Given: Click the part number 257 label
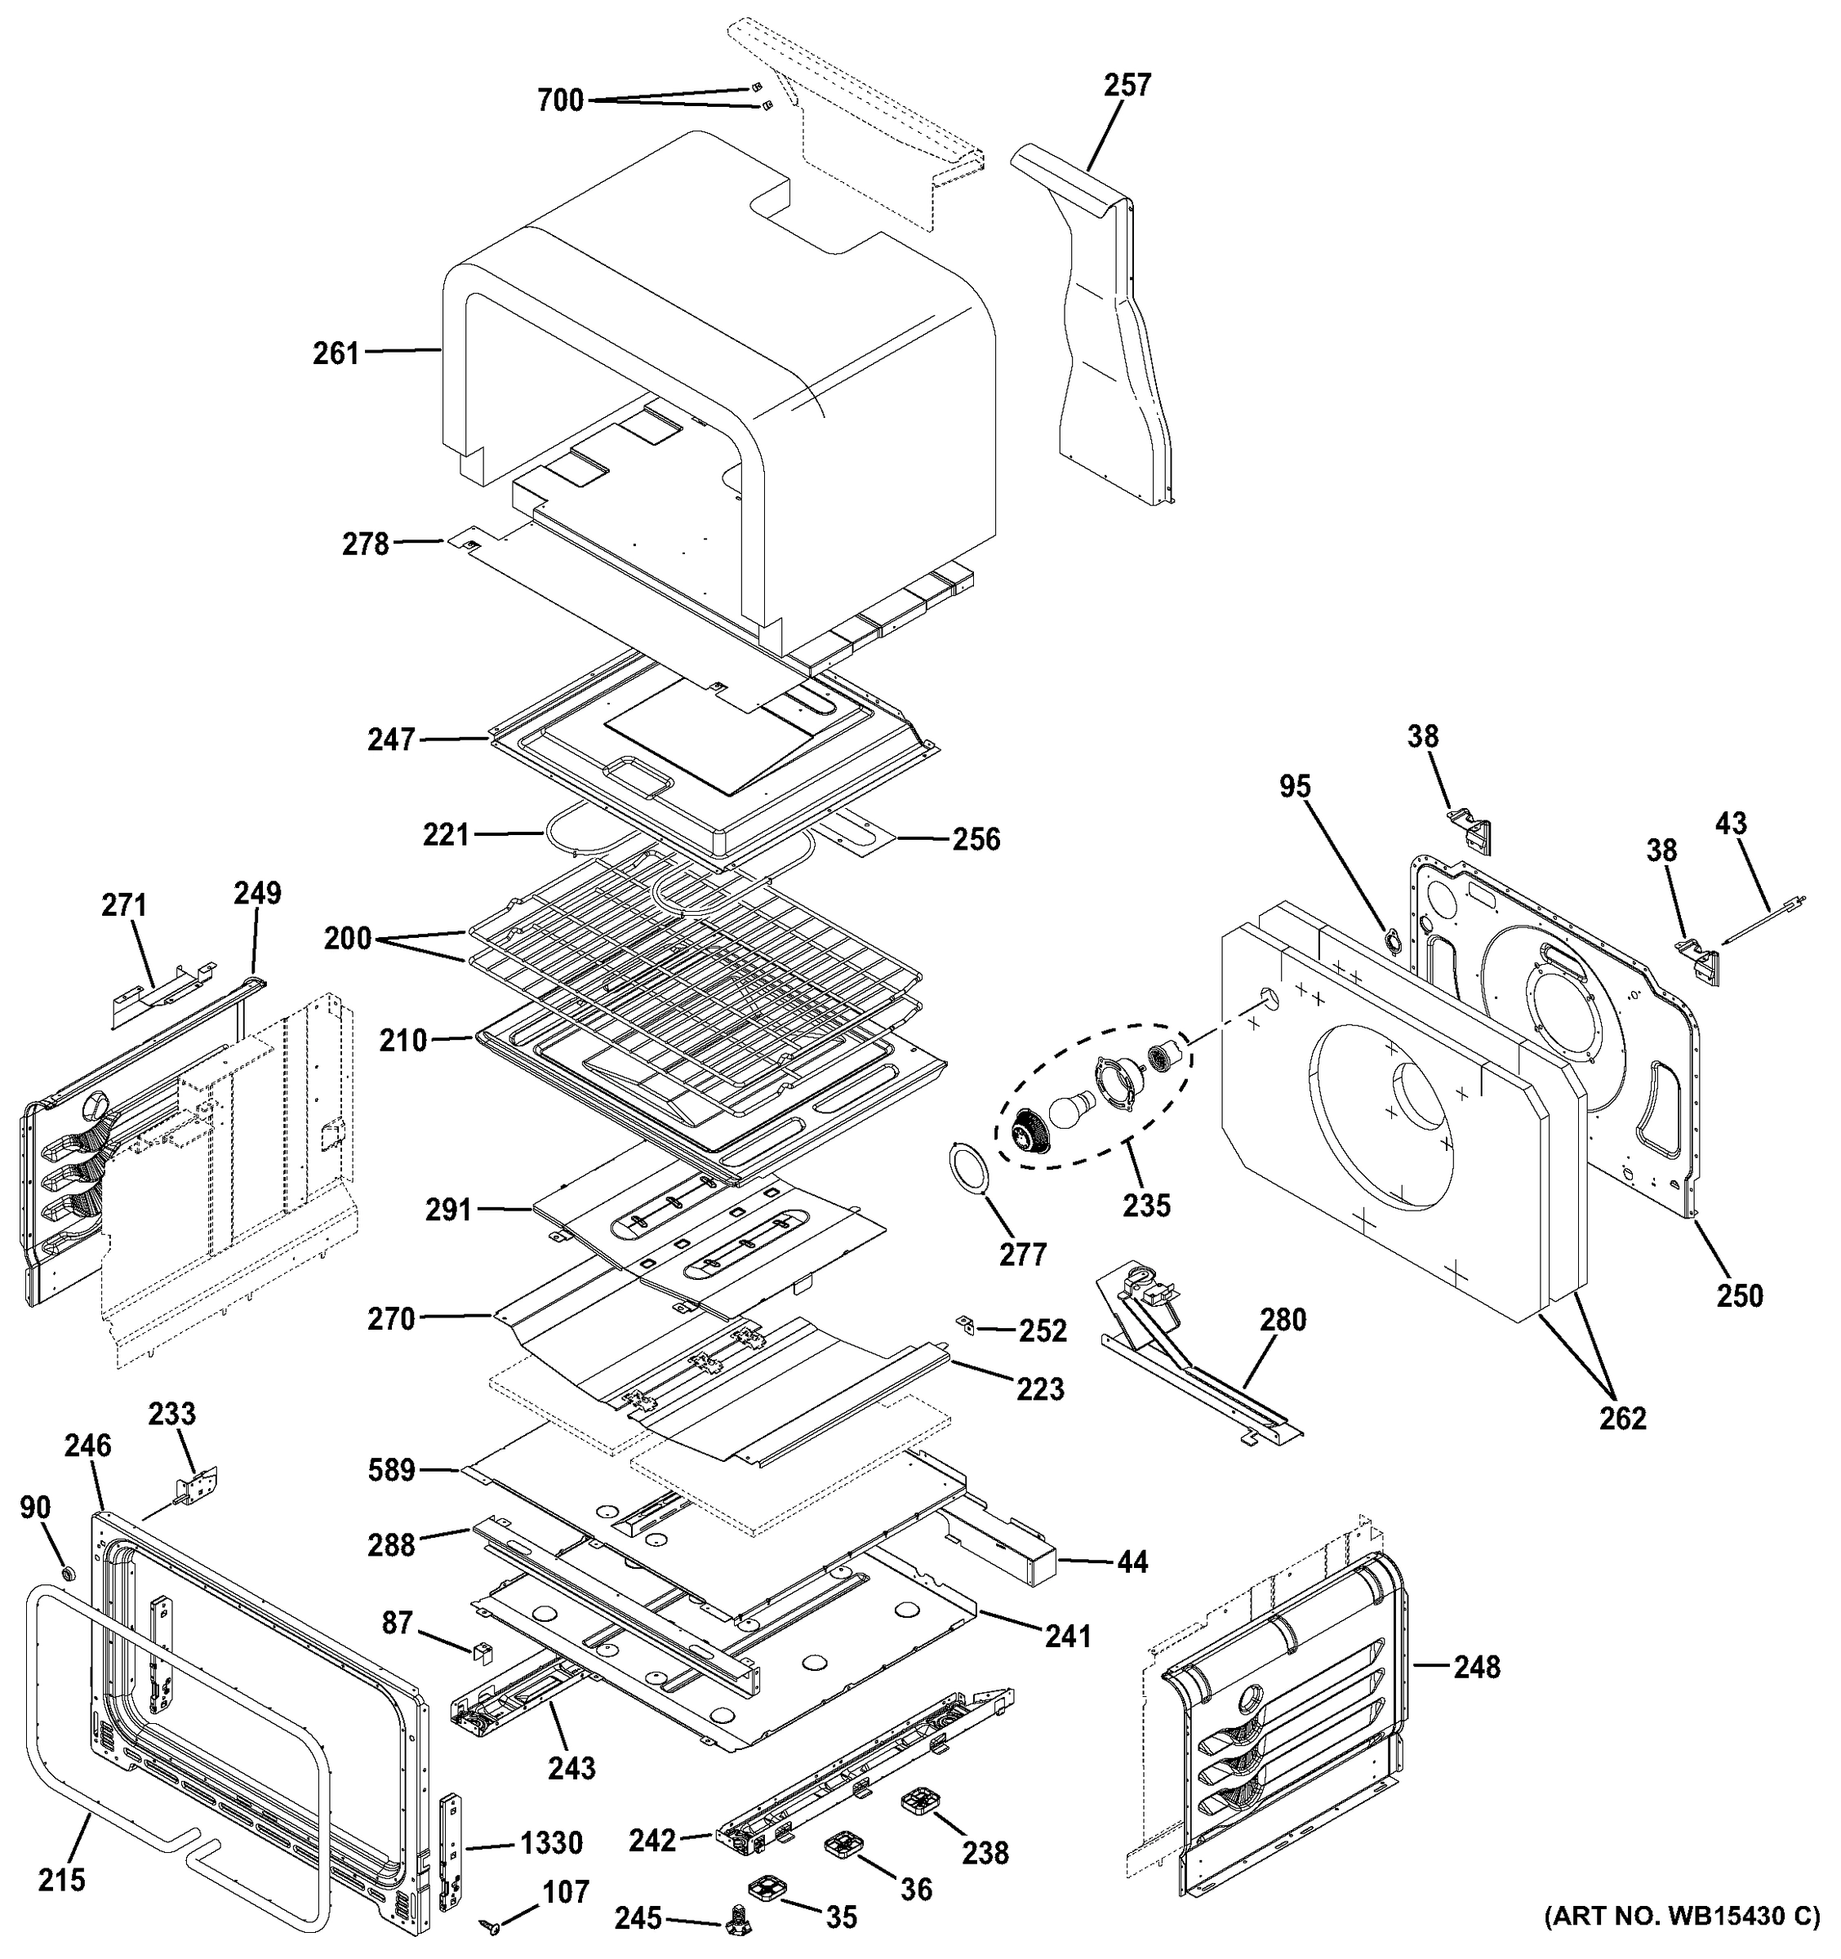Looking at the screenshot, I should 1127,86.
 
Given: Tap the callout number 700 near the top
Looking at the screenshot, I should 560,100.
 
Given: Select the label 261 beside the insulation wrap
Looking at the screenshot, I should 336,353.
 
